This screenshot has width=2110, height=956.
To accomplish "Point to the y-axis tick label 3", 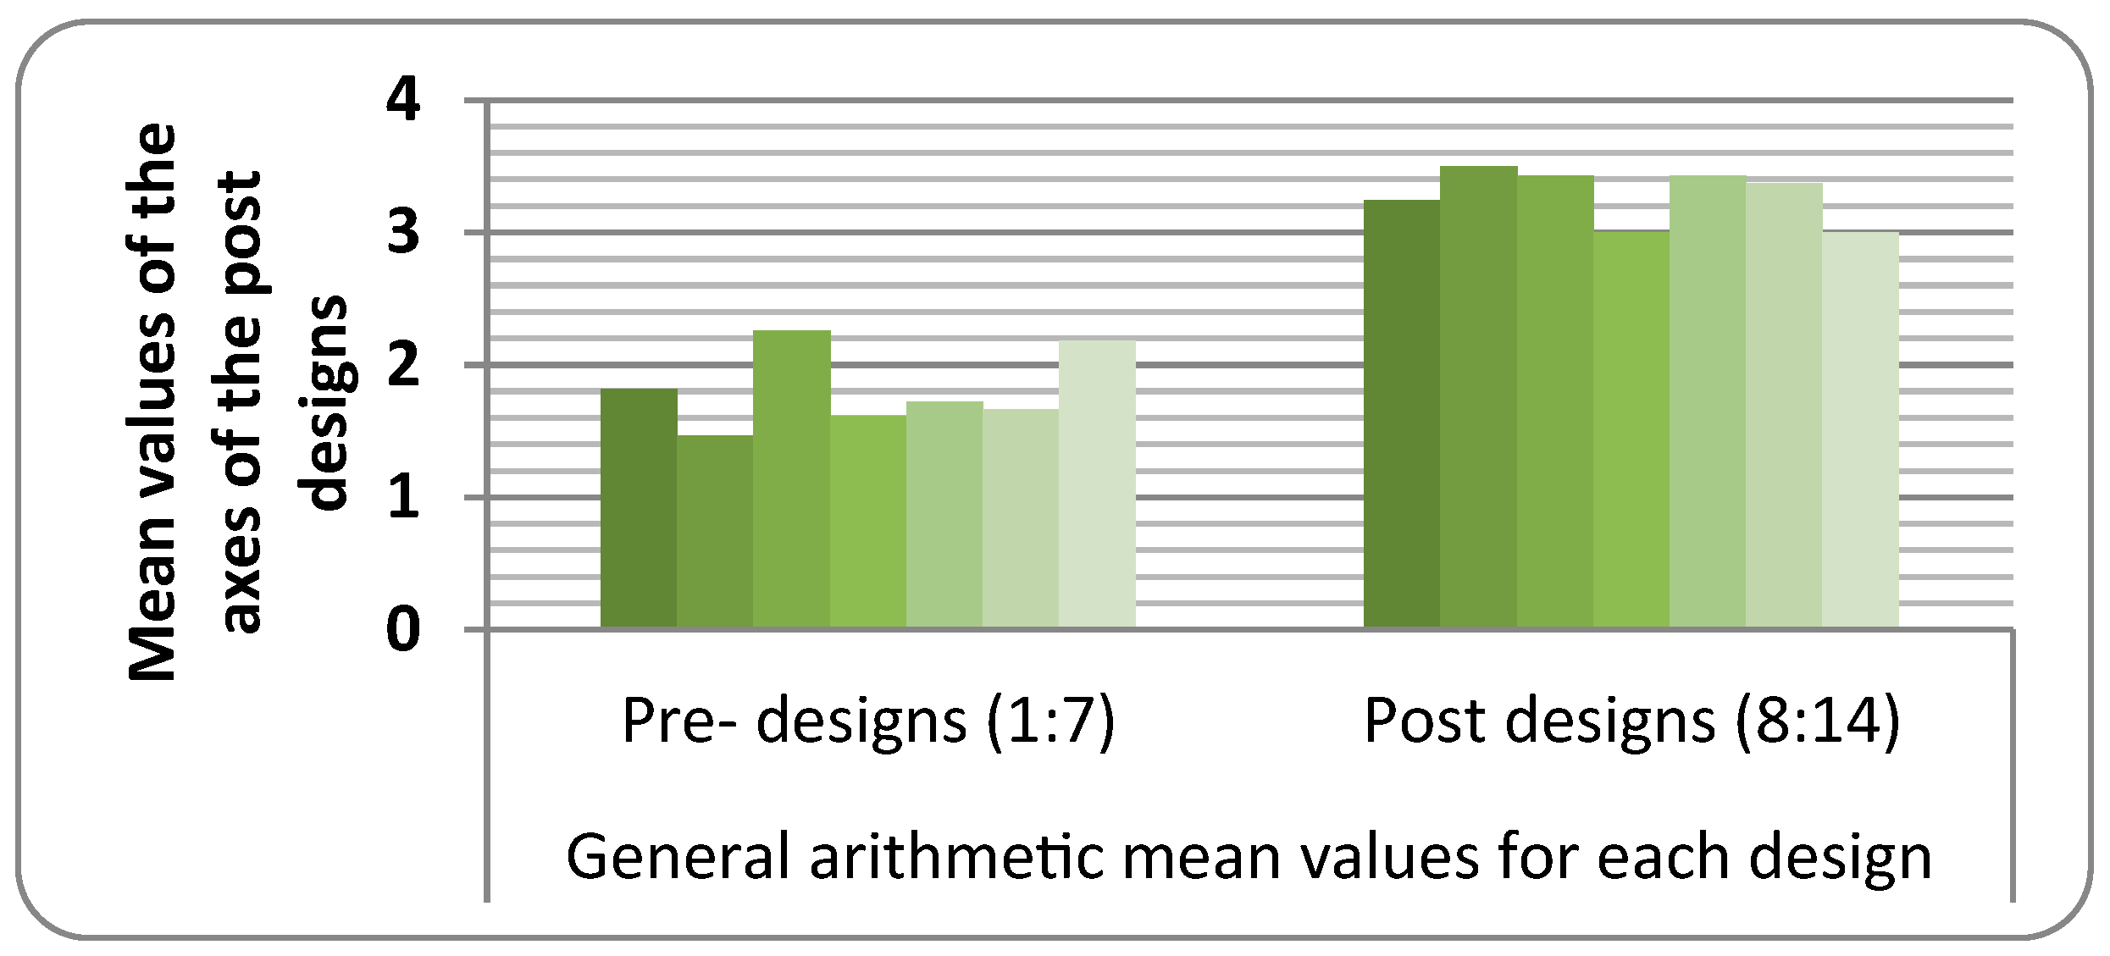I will [402, 234].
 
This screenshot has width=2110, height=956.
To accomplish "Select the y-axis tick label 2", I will [402, 366].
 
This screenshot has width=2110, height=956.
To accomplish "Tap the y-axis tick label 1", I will [402, 498].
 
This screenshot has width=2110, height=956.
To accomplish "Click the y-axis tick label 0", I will [402, 630].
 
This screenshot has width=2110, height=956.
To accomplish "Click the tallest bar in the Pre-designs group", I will [791, 479].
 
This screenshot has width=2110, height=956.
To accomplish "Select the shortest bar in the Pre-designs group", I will [715, 532].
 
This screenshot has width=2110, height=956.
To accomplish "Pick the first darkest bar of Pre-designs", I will [639, 508].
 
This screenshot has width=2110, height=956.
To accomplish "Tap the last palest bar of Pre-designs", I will [1097, 484].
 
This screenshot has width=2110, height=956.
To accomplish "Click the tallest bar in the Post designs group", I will [1478, 397].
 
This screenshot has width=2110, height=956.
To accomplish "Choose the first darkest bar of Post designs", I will [1402, 414].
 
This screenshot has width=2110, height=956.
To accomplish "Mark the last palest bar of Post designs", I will [1860, 430].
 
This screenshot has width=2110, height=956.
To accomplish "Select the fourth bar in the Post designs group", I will [1631, 430].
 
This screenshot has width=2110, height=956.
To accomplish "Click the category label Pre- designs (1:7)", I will [867, 721].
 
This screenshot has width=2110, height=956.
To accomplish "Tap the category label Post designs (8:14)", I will [1631, 721].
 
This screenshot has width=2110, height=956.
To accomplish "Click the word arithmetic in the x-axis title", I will [957, 857].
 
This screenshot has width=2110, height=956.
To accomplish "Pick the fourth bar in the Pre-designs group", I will [867, 522].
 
